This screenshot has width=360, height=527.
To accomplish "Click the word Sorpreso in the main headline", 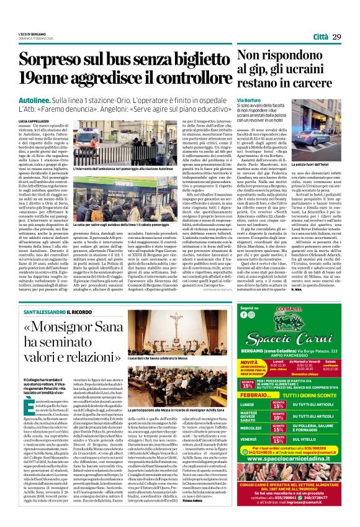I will [x=58, y=60].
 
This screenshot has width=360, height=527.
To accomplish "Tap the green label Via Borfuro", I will [x=249, y=99].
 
